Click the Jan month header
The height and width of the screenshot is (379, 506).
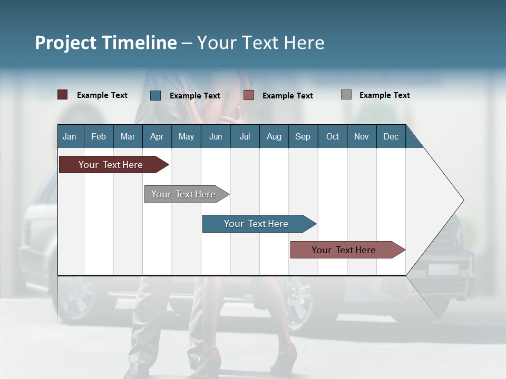[x=70, y=136]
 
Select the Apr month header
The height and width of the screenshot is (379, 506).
[x=157, y=136]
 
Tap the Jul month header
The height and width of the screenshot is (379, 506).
[x=245, y=136]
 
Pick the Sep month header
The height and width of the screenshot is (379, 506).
[x=303, y=136]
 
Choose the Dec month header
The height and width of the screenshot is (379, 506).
[x=391, y=136]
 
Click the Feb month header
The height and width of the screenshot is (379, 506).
[x=99, y=136]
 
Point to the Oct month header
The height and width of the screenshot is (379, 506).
[x=333, y=136]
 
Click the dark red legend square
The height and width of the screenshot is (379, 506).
[x=63, y=95]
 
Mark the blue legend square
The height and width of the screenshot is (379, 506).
[x=155, y=95]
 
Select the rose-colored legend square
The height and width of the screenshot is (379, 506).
[x=249, y=95]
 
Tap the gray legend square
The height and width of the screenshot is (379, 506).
[x=346, y=95]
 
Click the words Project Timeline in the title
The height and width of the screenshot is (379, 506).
[x=106, y=43]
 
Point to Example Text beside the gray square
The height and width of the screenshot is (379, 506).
[x=384, y=95]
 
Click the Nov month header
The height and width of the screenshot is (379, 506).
[x=362, y=136]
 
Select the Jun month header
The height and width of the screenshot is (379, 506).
[x=216, y=136]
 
